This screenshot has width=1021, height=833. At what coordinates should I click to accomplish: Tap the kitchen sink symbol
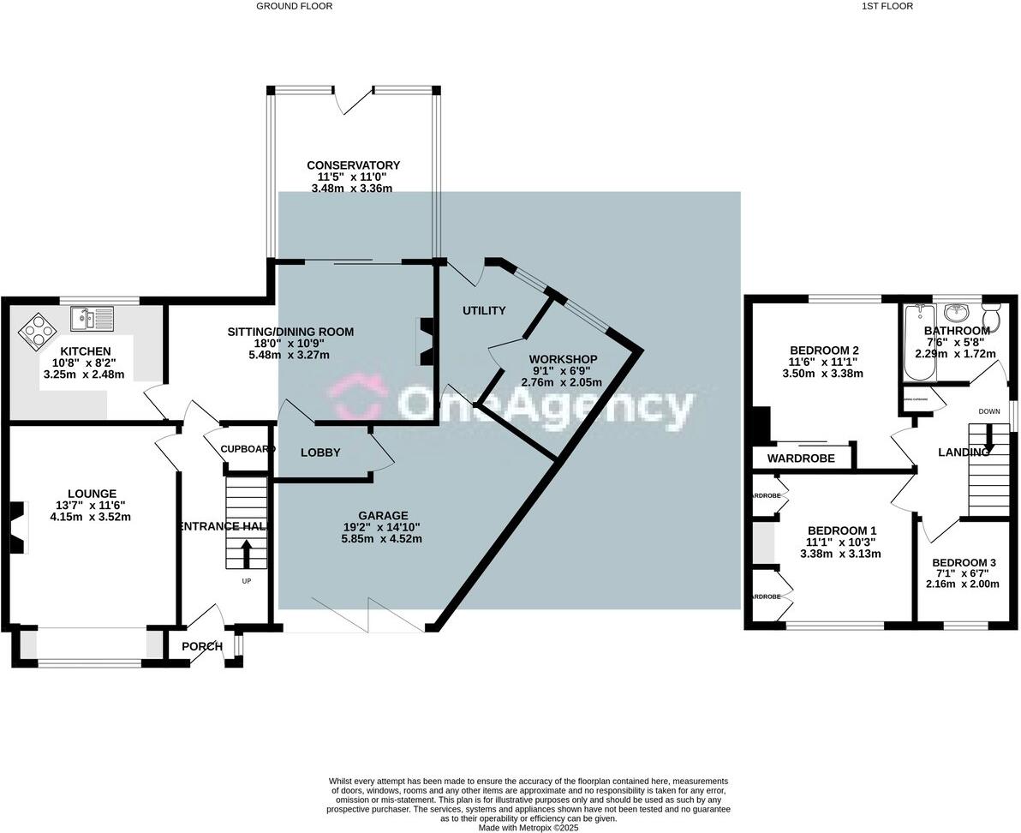click(x=92, y=319)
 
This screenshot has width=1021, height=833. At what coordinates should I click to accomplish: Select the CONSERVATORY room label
click(x=353, y=165)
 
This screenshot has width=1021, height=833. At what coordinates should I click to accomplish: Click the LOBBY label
click(x=320, y=452)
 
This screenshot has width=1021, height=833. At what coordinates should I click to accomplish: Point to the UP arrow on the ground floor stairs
click(x=248, y=553)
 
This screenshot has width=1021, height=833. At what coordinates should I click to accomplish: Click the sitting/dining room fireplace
click(x=425, y=341)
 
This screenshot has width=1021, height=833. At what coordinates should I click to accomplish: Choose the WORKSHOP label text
click(x=563, y=358)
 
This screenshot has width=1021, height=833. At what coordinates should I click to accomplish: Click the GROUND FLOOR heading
click(x=294, y=6)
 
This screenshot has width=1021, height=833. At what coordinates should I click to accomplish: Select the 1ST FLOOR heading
click(x=887, y=6)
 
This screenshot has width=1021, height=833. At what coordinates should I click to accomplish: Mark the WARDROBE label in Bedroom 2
click(x=800, y=458)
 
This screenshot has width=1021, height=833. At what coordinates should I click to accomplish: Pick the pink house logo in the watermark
click(x=358, y=400)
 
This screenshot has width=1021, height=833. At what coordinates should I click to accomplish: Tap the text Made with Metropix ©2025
click(x=527, y=828)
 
